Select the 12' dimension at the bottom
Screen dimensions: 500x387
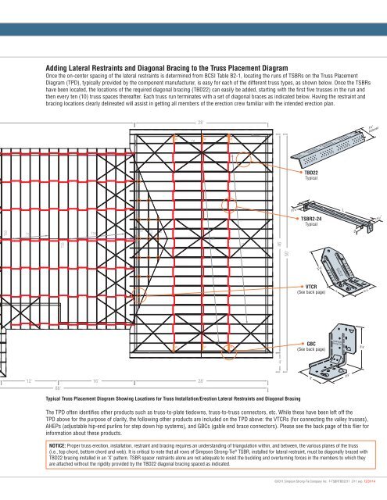[28, 380]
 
